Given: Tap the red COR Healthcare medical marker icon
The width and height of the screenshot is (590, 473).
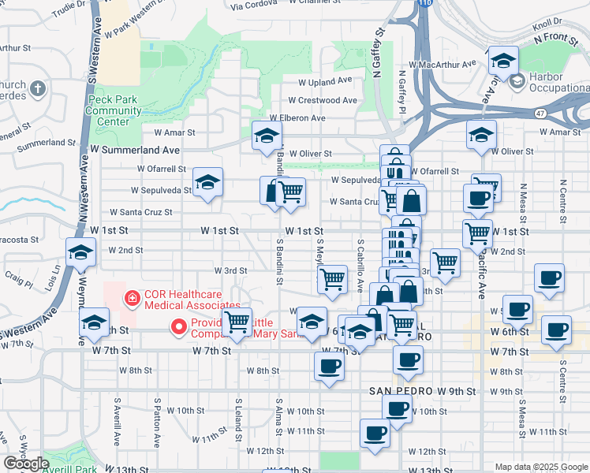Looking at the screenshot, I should click(133, 299).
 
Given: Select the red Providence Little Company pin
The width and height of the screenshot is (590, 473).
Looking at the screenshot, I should click(179, 326).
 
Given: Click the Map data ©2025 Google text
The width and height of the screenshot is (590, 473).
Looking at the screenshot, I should click(541, 467).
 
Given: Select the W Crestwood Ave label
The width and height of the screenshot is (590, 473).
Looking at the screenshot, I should click(323, 101).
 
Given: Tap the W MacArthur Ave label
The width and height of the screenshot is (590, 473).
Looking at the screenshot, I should click(442, 65).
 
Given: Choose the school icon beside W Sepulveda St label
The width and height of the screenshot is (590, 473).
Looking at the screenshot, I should click(208, 182).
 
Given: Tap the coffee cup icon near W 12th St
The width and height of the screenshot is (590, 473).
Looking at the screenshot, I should click(375, 433).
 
